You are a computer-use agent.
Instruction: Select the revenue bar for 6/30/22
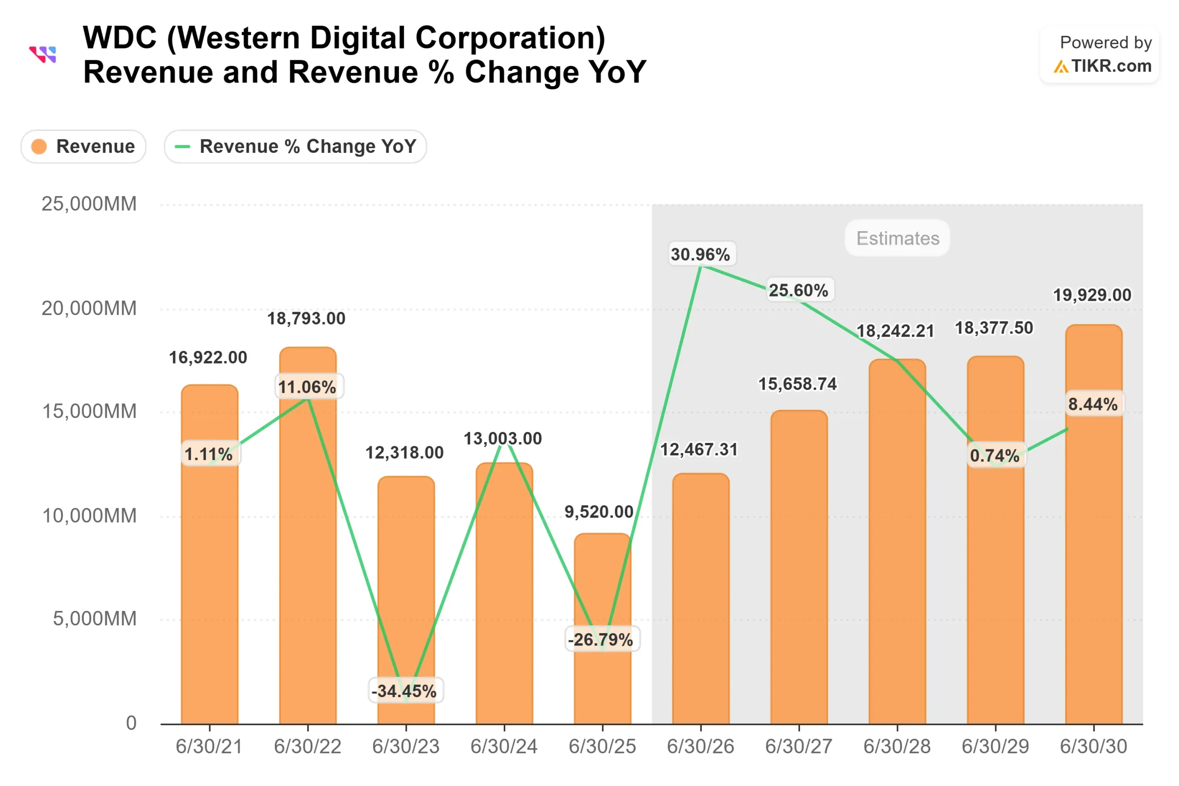click(x=308, y=552)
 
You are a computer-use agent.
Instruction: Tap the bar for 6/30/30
click(x=1093, y=552)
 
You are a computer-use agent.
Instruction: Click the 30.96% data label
click(x=700, y=255)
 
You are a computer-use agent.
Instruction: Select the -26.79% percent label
click(x=601, y=640)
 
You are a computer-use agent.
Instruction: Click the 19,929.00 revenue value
click(x=1092, y=295)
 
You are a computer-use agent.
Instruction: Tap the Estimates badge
click(x=897, y=238)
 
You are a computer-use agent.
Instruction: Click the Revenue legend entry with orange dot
click(x=84, y=146)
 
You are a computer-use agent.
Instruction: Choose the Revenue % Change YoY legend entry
click(x=295, y=146)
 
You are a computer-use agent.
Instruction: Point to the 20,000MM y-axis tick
click(x=89, y=309)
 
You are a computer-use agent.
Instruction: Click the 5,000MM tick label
click(x=95, y=618)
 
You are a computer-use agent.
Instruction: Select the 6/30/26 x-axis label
click(x=700, y=747)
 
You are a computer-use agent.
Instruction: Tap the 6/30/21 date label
click(x=209, y=747)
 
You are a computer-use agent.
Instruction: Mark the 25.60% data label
click(x=799, y=290)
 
